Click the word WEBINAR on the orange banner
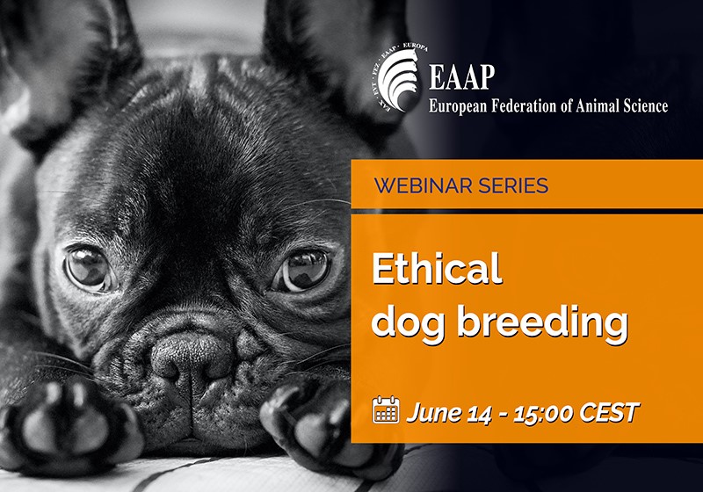pyautogui.click(x=418, y=185)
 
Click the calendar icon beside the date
pyautogui.click(x=386, y=409)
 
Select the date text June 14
pyautogui.click(x=449, y=410)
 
